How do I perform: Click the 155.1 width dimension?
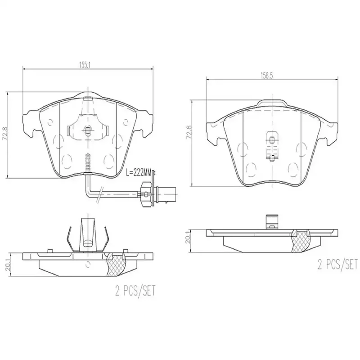(85, 65)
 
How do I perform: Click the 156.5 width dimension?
(266, 76)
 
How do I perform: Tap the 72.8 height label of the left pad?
(4, 135)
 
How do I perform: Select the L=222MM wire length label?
(139, 171)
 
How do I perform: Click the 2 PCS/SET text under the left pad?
(135, 290)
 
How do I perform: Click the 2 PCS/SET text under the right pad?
(337, 264)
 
